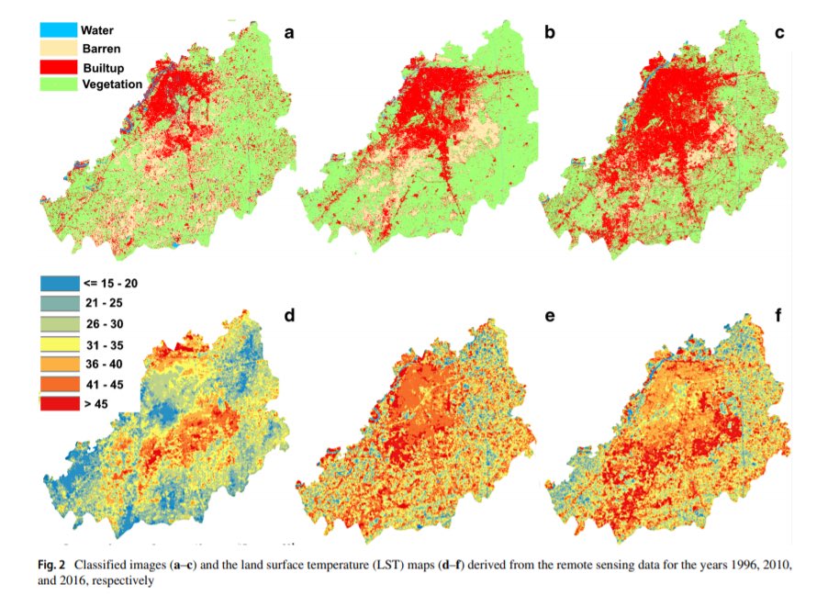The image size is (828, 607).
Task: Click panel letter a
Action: tap(290, 33)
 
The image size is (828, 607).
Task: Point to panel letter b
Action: tap(549, 33)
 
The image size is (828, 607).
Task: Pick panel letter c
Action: tap(780, 33)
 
